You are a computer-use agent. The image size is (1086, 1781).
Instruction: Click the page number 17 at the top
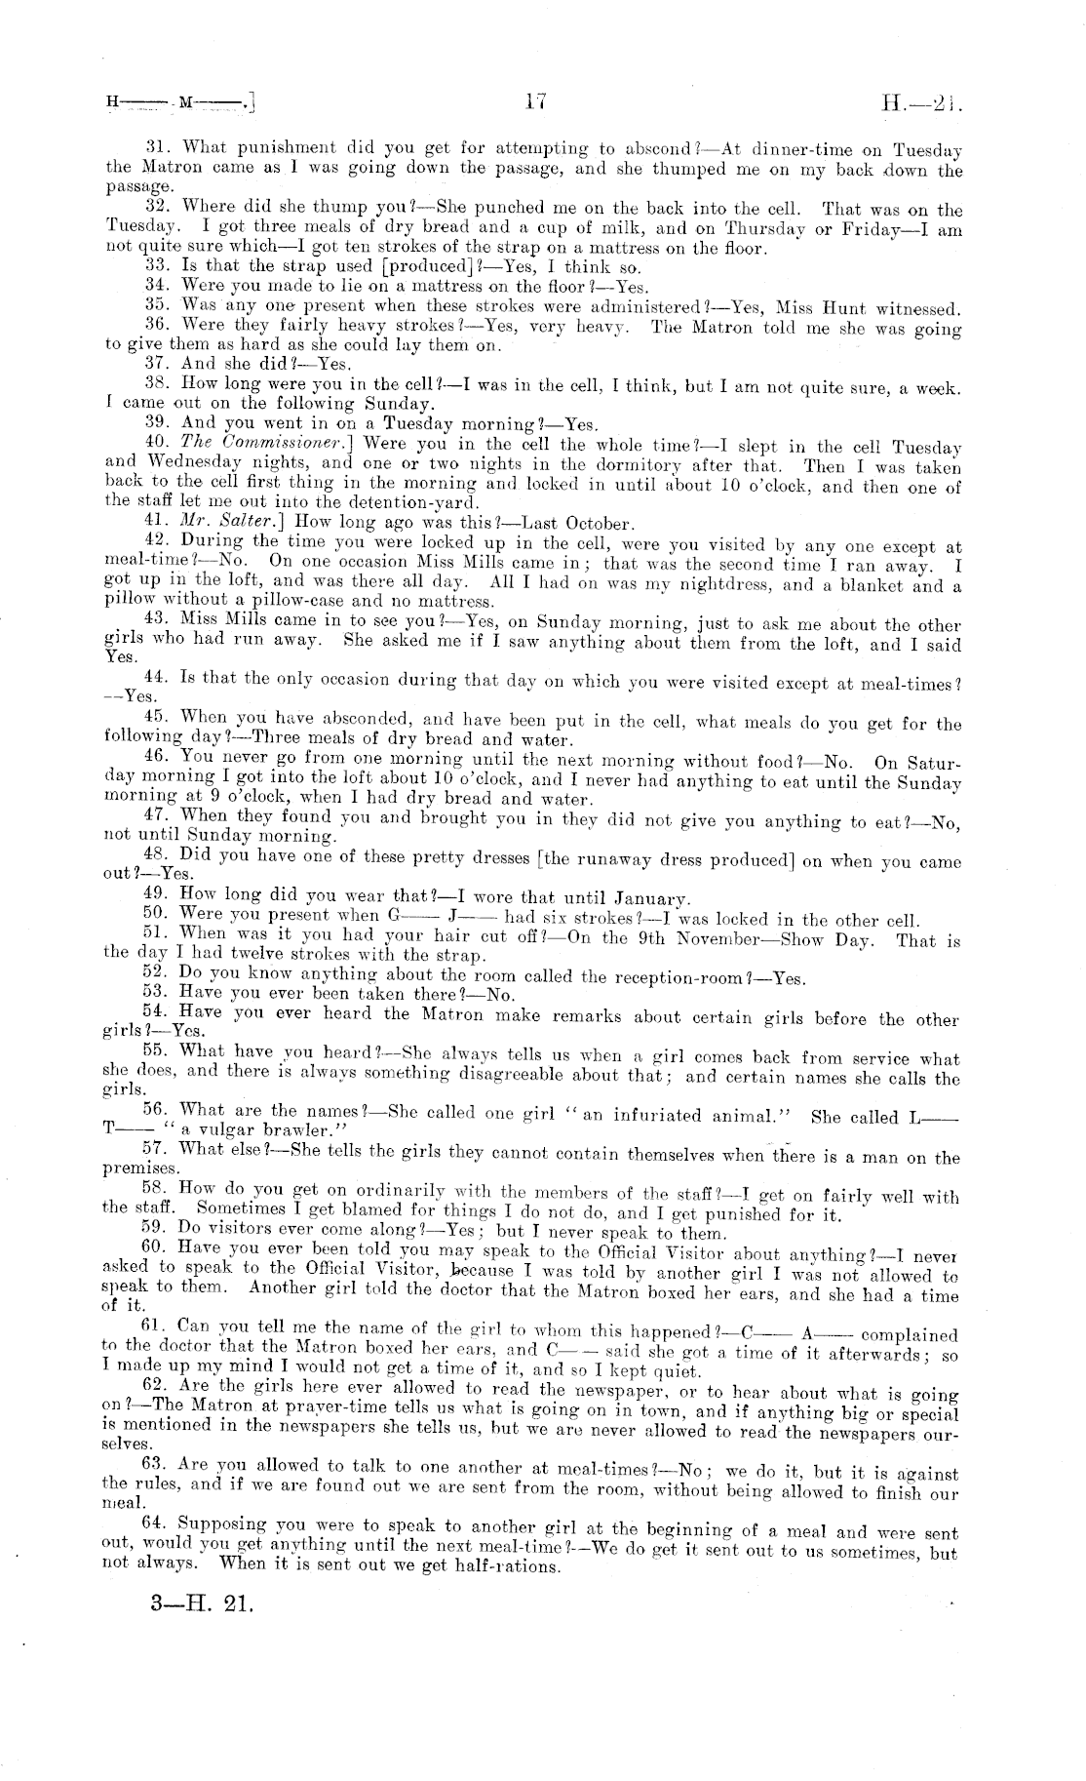coord(533,99)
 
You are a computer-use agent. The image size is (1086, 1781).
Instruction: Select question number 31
coord(159,148)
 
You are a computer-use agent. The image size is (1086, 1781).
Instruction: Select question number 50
coord(158,917)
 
